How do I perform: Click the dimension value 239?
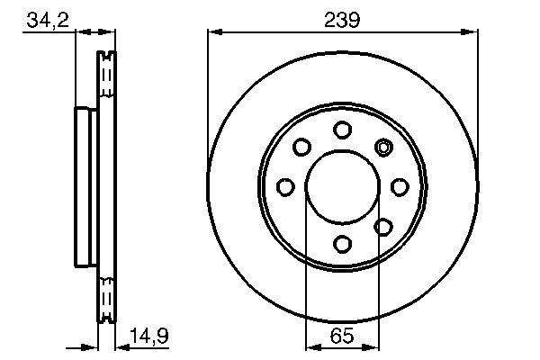click(x=342, y=19)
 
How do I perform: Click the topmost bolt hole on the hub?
click(x=342, y=130)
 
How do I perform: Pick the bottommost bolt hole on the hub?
click(x=342, y=243)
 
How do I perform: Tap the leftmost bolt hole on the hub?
click(x=285, y=186)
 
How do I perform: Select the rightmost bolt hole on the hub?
click(x=399, y=186)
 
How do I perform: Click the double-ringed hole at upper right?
click(x=383, y=147)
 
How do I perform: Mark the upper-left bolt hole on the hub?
click(x=301, y=146)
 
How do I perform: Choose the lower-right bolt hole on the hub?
click(x=382, y=227)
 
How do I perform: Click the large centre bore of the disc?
click(x=342, y=186)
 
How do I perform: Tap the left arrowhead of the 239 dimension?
click(x=213, y=32)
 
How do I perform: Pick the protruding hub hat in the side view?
click(x=83, y=186)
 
